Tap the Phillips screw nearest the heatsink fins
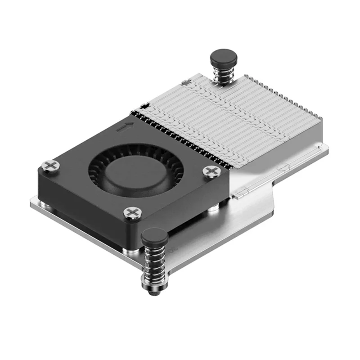[211, 171]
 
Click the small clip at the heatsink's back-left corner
[144, 107]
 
